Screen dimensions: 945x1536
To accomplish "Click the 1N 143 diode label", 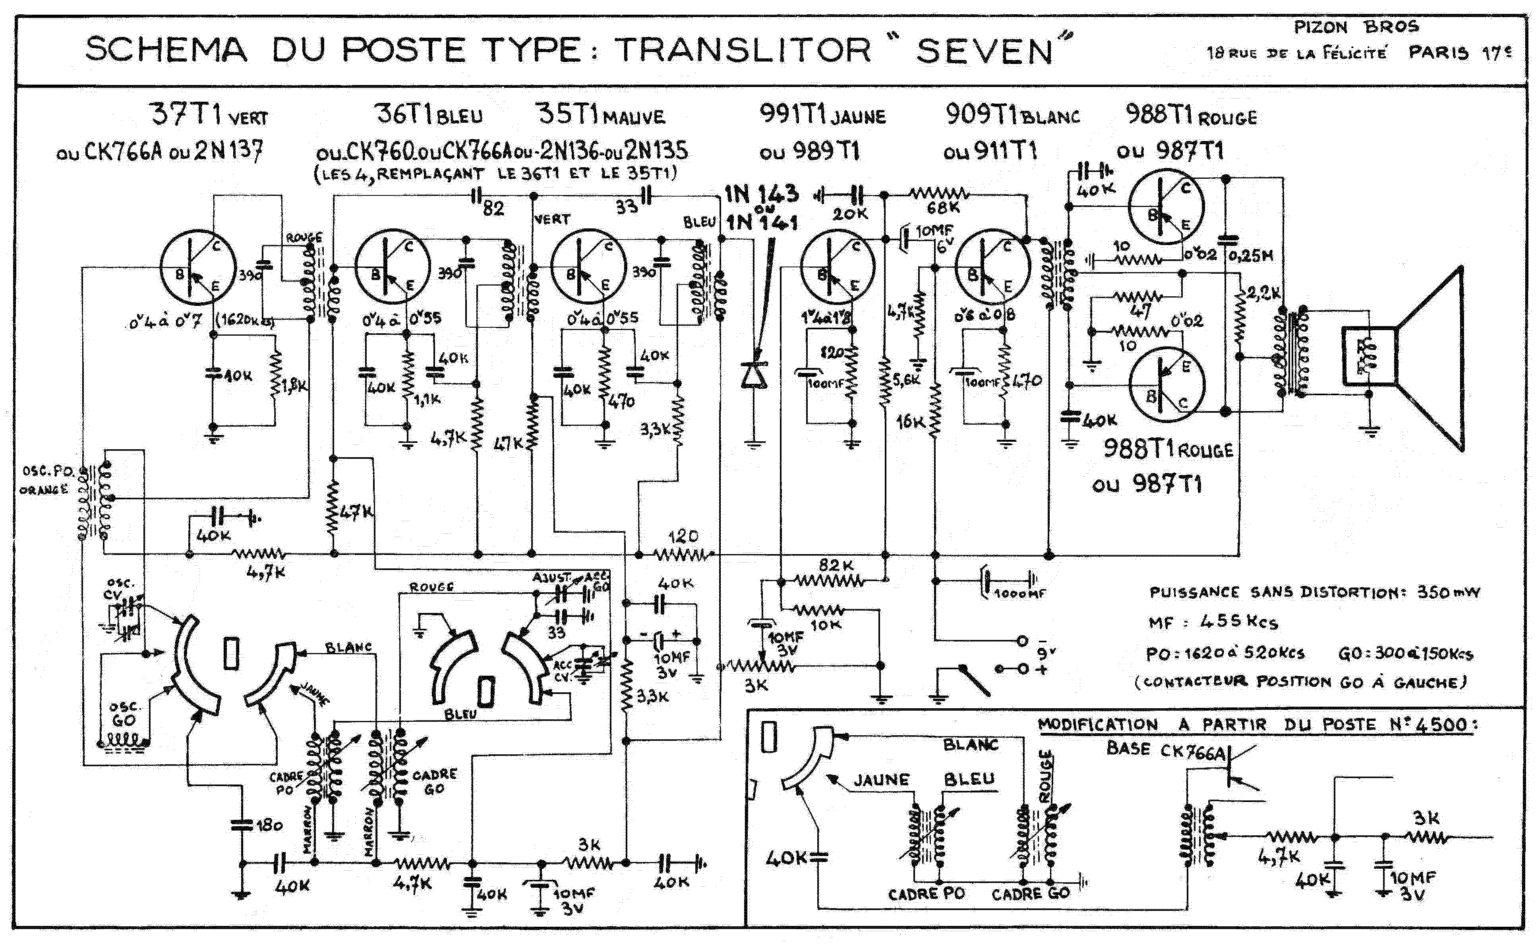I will point(761,194).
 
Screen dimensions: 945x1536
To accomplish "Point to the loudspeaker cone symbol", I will point(1432,359).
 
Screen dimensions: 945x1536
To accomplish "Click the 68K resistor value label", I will point(943,207).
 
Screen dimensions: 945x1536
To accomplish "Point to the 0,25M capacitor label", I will point(1250,256).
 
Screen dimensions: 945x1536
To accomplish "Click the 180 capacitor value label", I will point(269,825).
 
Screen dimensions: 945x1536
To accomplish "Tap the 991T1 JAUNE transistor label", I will point(822,115).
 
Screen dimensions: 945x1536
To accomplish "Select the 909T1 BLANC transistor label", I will point(1012,115).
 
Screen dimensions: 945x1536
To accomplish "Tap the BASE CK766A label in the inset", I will point(1166,750).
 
